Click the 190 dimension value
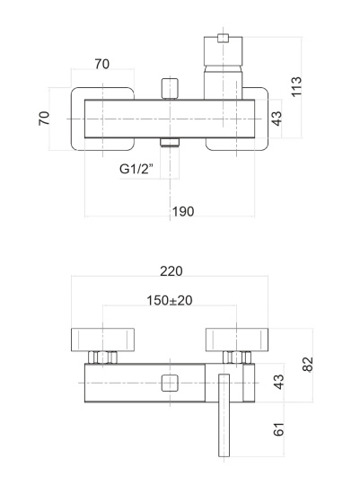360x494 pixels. tap(182, 211)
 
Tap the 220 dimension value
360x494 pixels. tap(171, 271)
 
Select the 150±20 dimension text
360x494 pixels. tap(170, 300)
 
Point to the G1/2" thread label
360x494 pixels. tap(136, 169)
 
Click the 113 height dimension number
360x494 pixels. tap(296, 86)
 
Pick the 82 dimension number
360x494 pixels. tap(308, 365)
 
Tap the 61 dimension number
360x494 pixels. tap(278, 429)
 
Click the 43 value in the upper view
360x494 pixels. tap(277, 119)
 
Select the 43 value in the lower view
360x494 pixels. tap(278, 382)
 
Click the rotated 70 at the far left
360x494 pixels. tap(44, 119)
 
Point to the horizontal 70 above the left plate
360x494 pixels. tap(102, 64)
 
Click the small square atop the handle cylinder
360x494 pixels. tap(223, 38)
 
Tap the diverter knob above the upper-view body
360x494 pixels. tap(170, 89)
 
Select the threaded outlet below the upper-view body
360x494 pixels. tap(170, 142)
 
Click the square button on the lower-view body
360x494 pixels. tap(170, 383)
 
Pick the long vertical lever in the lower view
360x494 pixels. tap(224, 415)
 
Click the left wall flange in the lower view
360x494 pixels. tap(102, 340)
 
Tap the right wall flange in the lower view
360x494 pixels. tap(237, 340)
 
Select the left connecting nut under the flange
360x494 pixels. tap(102, 357)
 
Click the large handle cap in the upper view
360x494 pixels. tap(224, 52)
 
